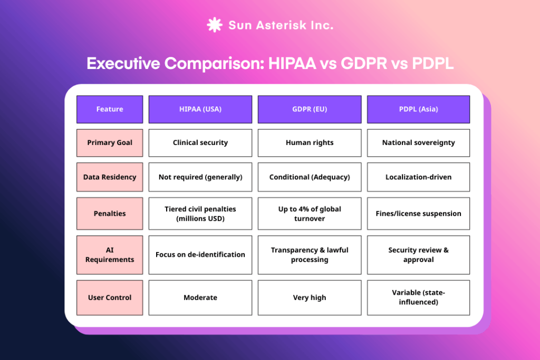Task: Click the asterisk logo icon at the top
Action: coord(214,25)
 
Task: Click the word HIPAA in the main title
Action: coord(292,63)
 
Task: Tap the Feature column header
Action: coord(110,109)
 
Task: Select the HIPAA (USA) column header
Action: coord(200,109)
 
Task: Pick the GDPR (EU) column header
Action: coord(309,109)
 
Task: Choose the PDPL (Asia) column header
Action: coord(418,109)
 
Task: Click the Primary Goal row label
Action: coord(110,143)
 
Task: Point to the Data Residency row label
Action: coord(110,177)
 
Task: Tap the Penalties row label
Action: coord(110,213)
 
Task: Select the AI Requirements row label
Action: coord(110,255)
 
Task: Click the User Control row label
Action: coord(110,297)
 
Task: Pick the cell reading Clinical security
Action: coord(200,143)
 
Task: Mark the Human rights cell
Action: coord(309,143)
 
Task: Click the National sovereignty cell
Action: coord(418,143)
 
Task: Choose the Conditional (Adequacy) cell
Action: coord(309,177)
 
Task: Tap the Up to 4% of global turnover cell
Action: coord(309,213)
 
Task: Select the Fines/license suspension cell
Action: coord(418,213)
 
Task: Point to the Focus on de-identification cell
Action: coord(200,255)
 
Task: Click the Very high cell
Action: coord(309,297)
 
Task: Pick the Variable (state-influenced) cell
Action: coord(418,297)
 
